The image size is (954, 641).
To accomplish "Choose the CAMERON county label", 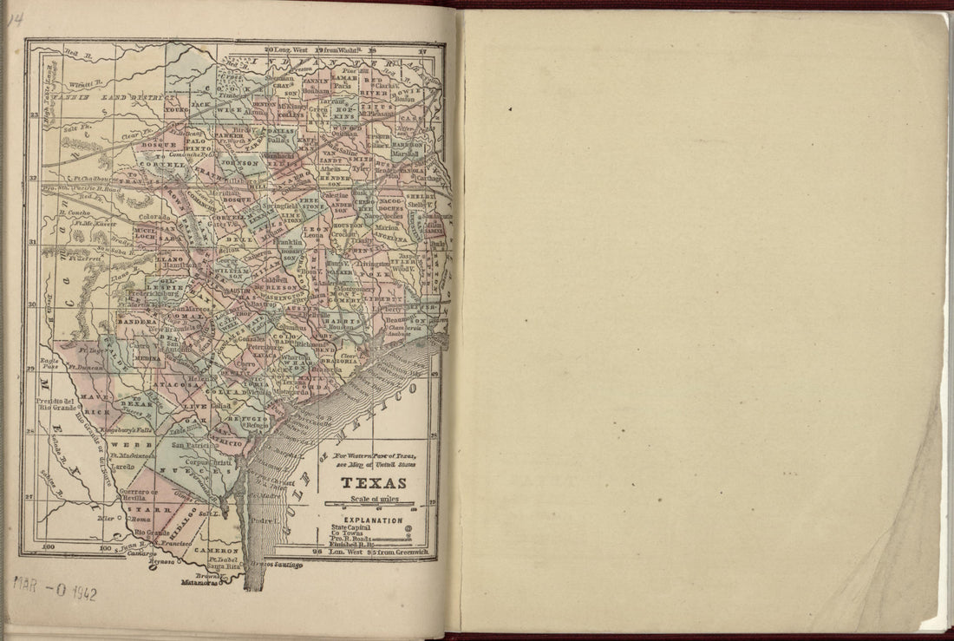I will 216,551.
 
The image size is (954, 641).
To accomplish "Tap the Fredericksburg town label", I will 153,294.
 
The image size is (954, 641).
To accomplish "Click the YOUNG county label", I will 176,111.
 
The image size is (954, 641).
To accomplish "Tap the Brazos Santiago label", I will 276,565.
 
